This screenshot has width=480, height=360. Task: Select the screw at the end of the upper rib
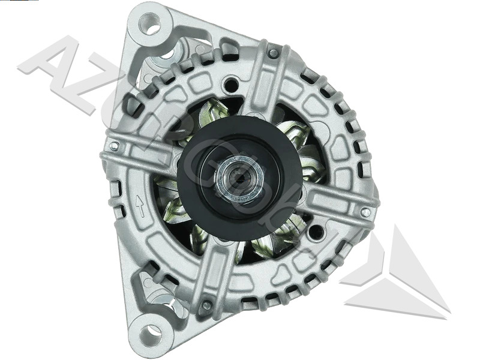pos(274,53)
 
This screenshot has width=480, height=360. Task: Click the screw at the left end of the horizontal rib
pos(114,146)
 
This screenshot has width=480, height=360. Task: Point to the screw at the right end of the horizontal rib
pos(365,212)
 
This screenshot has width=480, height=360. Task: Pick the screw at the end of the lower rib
pos(206,305)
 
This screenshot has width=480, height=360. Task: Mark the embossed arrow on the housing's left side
pos(140,207)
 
